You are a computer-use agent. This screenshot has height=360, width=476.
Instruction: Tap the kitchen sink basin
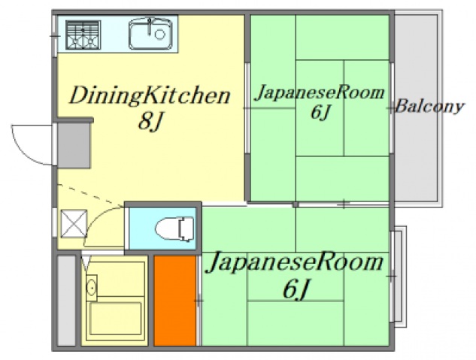click(150, 35)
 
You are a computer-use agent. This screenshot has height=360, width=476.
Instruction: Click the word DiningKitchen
click(149, 95)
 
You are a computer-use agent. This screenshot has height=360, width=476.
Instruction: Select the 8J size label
click(150, 122)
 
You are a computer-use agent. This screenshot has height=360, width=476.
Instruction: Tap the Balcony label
click(429, 106)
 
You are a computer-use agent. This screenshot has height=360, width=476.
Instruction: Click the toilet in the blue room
click(174, 226)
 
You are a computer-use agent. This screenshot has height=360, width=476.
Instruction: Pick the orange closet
click(174, 301)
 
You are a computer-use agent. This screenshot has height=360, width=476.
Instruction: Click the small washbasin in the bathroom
click(91, 286)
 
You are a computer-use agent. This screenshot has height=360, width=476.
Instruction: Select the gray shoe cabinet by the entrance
click(74, 145)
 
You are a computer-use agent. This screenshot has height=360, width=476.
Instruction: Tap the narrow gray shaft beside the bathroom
click(66, 301)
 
